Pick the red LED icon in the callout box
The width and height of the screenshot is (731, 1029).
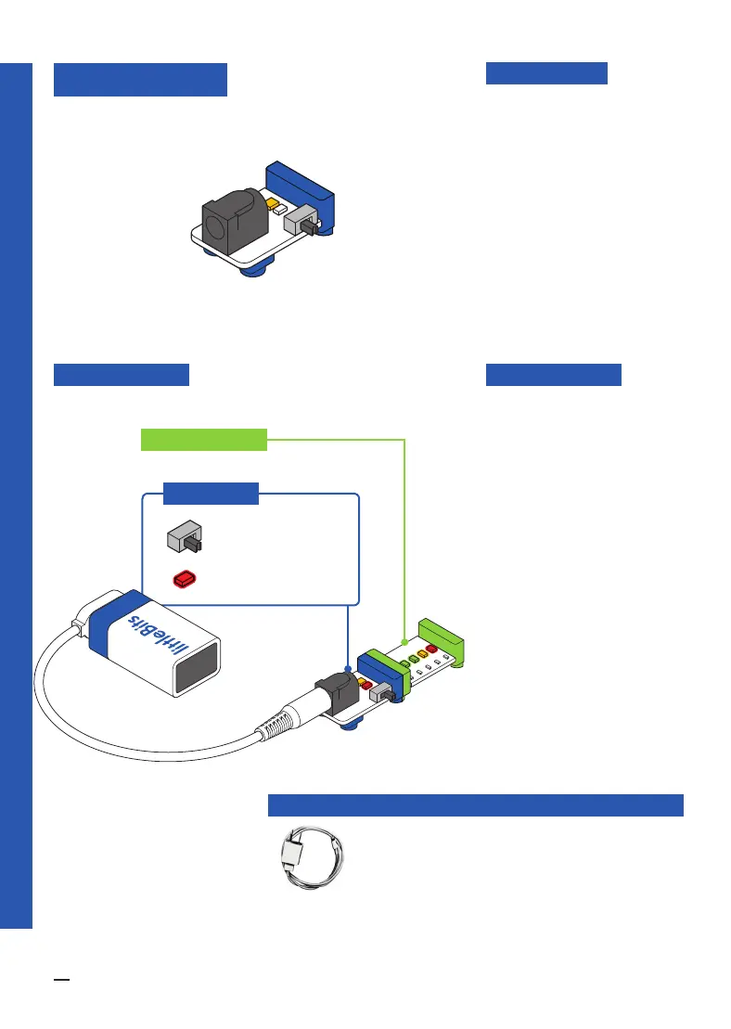pos(185,579)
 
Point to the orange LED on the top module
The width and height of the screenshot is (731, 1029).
pos(272,204)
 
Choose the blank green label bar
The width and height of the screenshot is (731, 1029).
pos(203,439)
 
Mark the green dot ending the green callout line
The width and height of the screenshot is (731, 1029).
pos(405,641)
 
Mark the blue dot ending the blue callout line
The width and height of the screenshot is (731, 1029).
pos(347,667)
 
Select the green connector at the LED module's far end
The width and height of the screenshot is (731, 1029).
pos(442,638)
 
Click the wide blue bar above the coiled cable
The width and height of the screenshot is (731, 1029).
pos(475,804)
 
